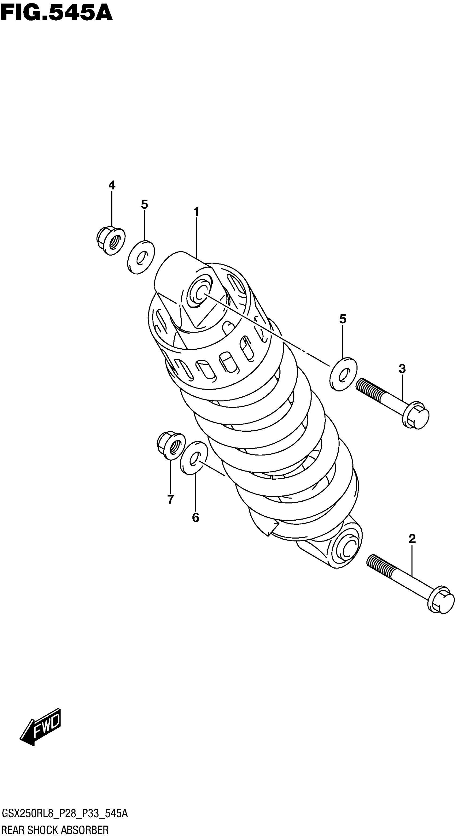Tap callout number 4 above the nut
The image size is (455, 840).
112,185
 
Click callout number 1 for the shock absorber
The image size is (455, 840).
196,212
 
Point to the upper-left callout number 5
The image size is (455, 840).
145,204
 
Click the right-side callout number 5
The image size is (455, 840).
343,319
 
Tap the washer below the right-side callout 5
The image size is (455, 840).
343,374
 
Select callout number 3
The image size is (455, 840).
402,369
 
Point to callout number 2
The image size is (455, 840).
412,539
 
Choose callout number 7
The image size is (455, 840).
170,499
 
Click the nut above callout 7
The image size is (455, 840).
171,445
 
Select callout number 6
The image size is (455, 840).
195,517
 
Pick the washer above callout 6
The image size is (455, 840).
194,458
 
